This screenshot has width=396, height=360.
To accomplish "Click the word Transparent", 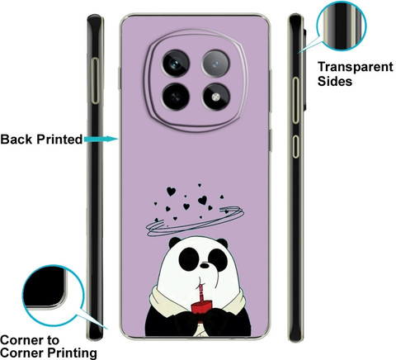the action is click(356, 67).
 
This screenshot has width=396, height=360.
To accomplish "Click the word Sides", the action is click(335, 82).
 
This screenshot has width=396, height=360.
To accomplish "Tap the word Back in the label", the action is click(16, 140).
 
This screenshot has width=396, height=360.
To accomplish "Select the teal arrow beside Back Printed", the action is click(101, 139).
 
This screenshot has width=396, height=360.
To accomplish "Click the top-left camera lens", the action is click(176, 64).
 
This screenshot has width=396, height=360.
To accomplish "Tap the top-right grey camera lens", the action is click(216, 64).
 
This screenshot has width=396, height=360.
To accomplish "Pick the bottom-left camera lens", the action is click(176, 97).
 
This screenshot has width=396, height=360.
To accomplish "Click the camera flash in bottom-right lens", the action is click(216, 97).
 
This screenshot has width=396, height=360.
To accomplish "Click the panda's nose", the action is click(205, 266).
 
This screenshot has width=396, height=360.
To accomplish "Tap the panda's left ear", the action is click(174, 242).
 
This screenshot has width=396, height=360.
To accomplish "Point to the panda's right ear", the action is click(223, 243).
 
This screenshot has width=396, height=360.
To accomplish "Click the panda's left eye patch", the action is click(189, 258).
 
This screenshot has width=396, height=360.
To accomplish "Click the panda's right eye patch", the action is click(218, 259).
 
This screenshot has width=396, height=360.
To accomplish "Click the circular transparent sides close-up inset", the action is click(342, 26).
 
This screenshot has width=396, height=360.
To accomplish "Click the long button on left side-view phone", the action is click(95, 81).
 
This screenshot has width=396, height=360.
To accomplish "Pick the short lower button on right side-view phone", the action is click(295, 146).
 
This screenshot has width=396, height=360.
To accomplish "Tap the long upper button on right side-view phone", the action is click(295, 101).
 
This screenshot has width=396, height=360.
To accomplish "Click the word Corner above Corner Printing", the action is click(30, 340).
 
